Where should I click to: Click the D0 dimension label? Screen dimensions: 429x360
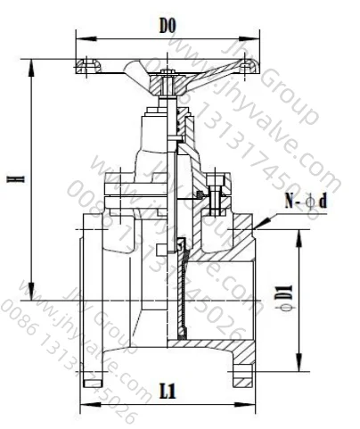[166, 27]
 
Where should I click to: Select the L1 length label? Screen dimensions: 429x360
[166, 391]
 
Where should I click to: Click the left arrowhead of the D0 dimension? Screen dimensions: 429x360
[78, 38]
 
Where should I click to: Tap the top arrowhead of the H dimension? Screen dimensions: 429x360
[33, 62]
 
